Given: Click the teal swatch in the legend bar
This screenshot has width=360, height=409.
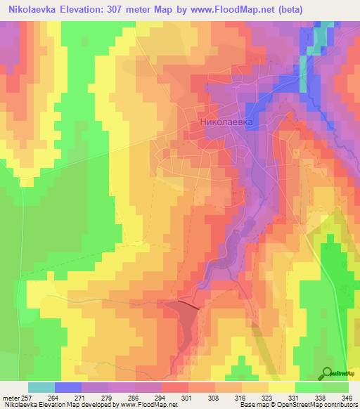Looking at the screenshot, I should pos(41,387).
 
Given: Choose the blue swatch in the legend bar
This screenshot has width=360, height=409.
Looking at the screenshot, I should pos(67,387).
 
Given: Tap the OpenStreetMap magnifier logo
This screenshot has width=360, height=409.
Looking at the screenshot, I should pos(328,372).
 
